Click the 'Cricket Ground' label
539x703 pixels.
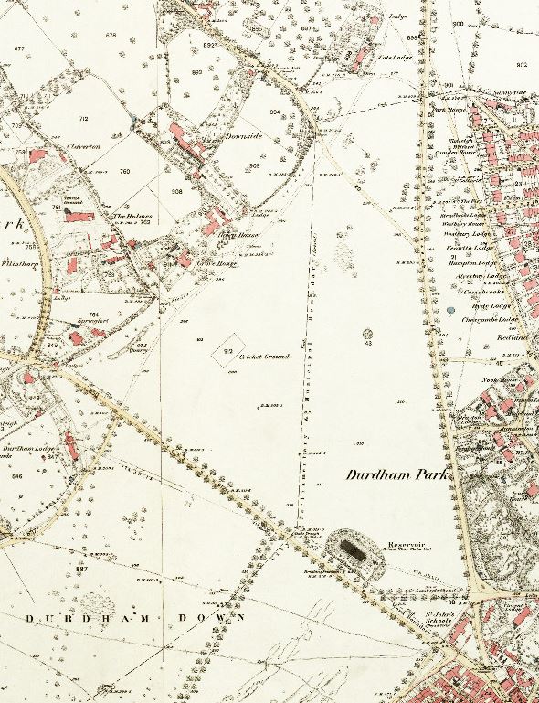264,356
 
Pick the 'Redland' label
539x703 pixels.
513,336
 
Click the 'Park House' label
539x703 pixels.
446,110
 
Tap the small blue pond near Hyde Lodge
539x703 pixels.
450,310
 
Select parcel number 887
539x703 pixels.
81,569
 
